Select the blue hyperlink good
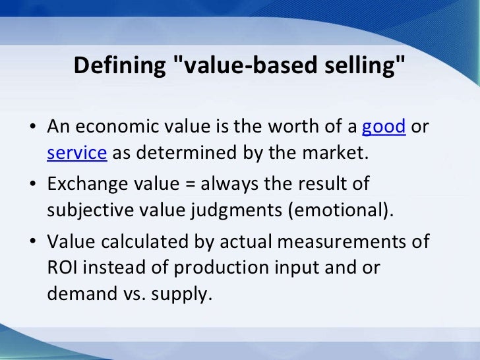tap(384, 126)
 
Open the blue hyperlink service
tap(76, 153)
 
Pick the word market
tap(335, 153)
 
